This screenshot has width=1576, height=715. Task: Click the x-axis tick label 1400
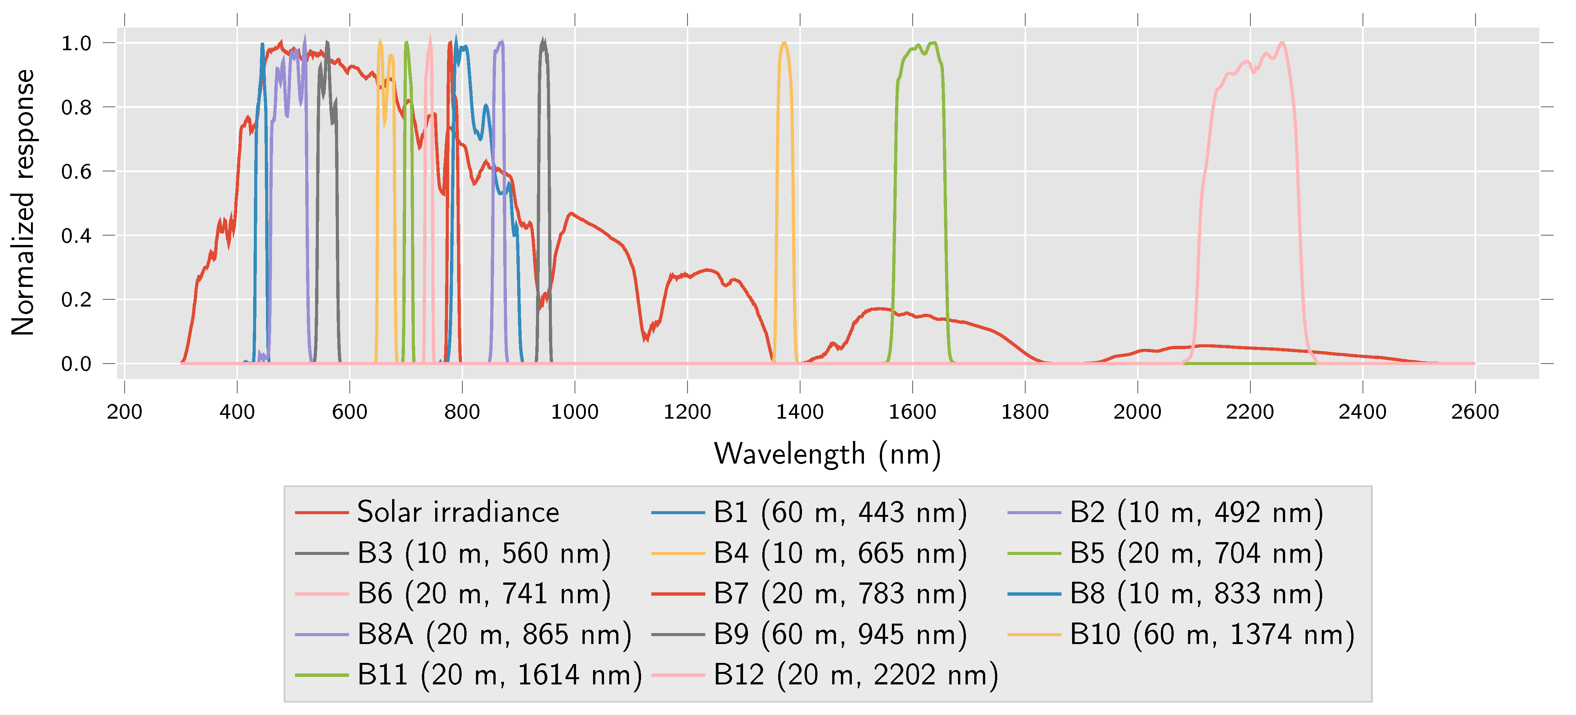tap(800, 411)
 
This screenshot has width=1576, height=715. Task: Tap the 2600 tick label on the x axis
tap(1474, 411)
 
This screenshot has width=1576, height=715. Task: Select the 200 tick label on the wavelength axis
tap(124, 411)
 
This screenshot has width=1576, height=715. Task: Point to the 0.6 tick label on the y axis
tap(76, 172)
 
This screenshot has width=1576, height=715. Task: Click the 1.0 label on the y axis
tap(76, 43)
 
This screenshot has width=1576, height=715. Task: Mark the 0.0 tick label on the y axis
tap(76, 364)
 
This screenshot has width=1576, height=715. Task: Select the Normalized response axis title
tap(23, 202)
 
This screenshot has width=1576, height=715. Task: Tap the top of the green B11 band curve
tap(933, 42)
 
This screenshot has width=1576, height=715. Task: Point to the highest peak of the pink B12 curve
tap(1282, 42)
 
